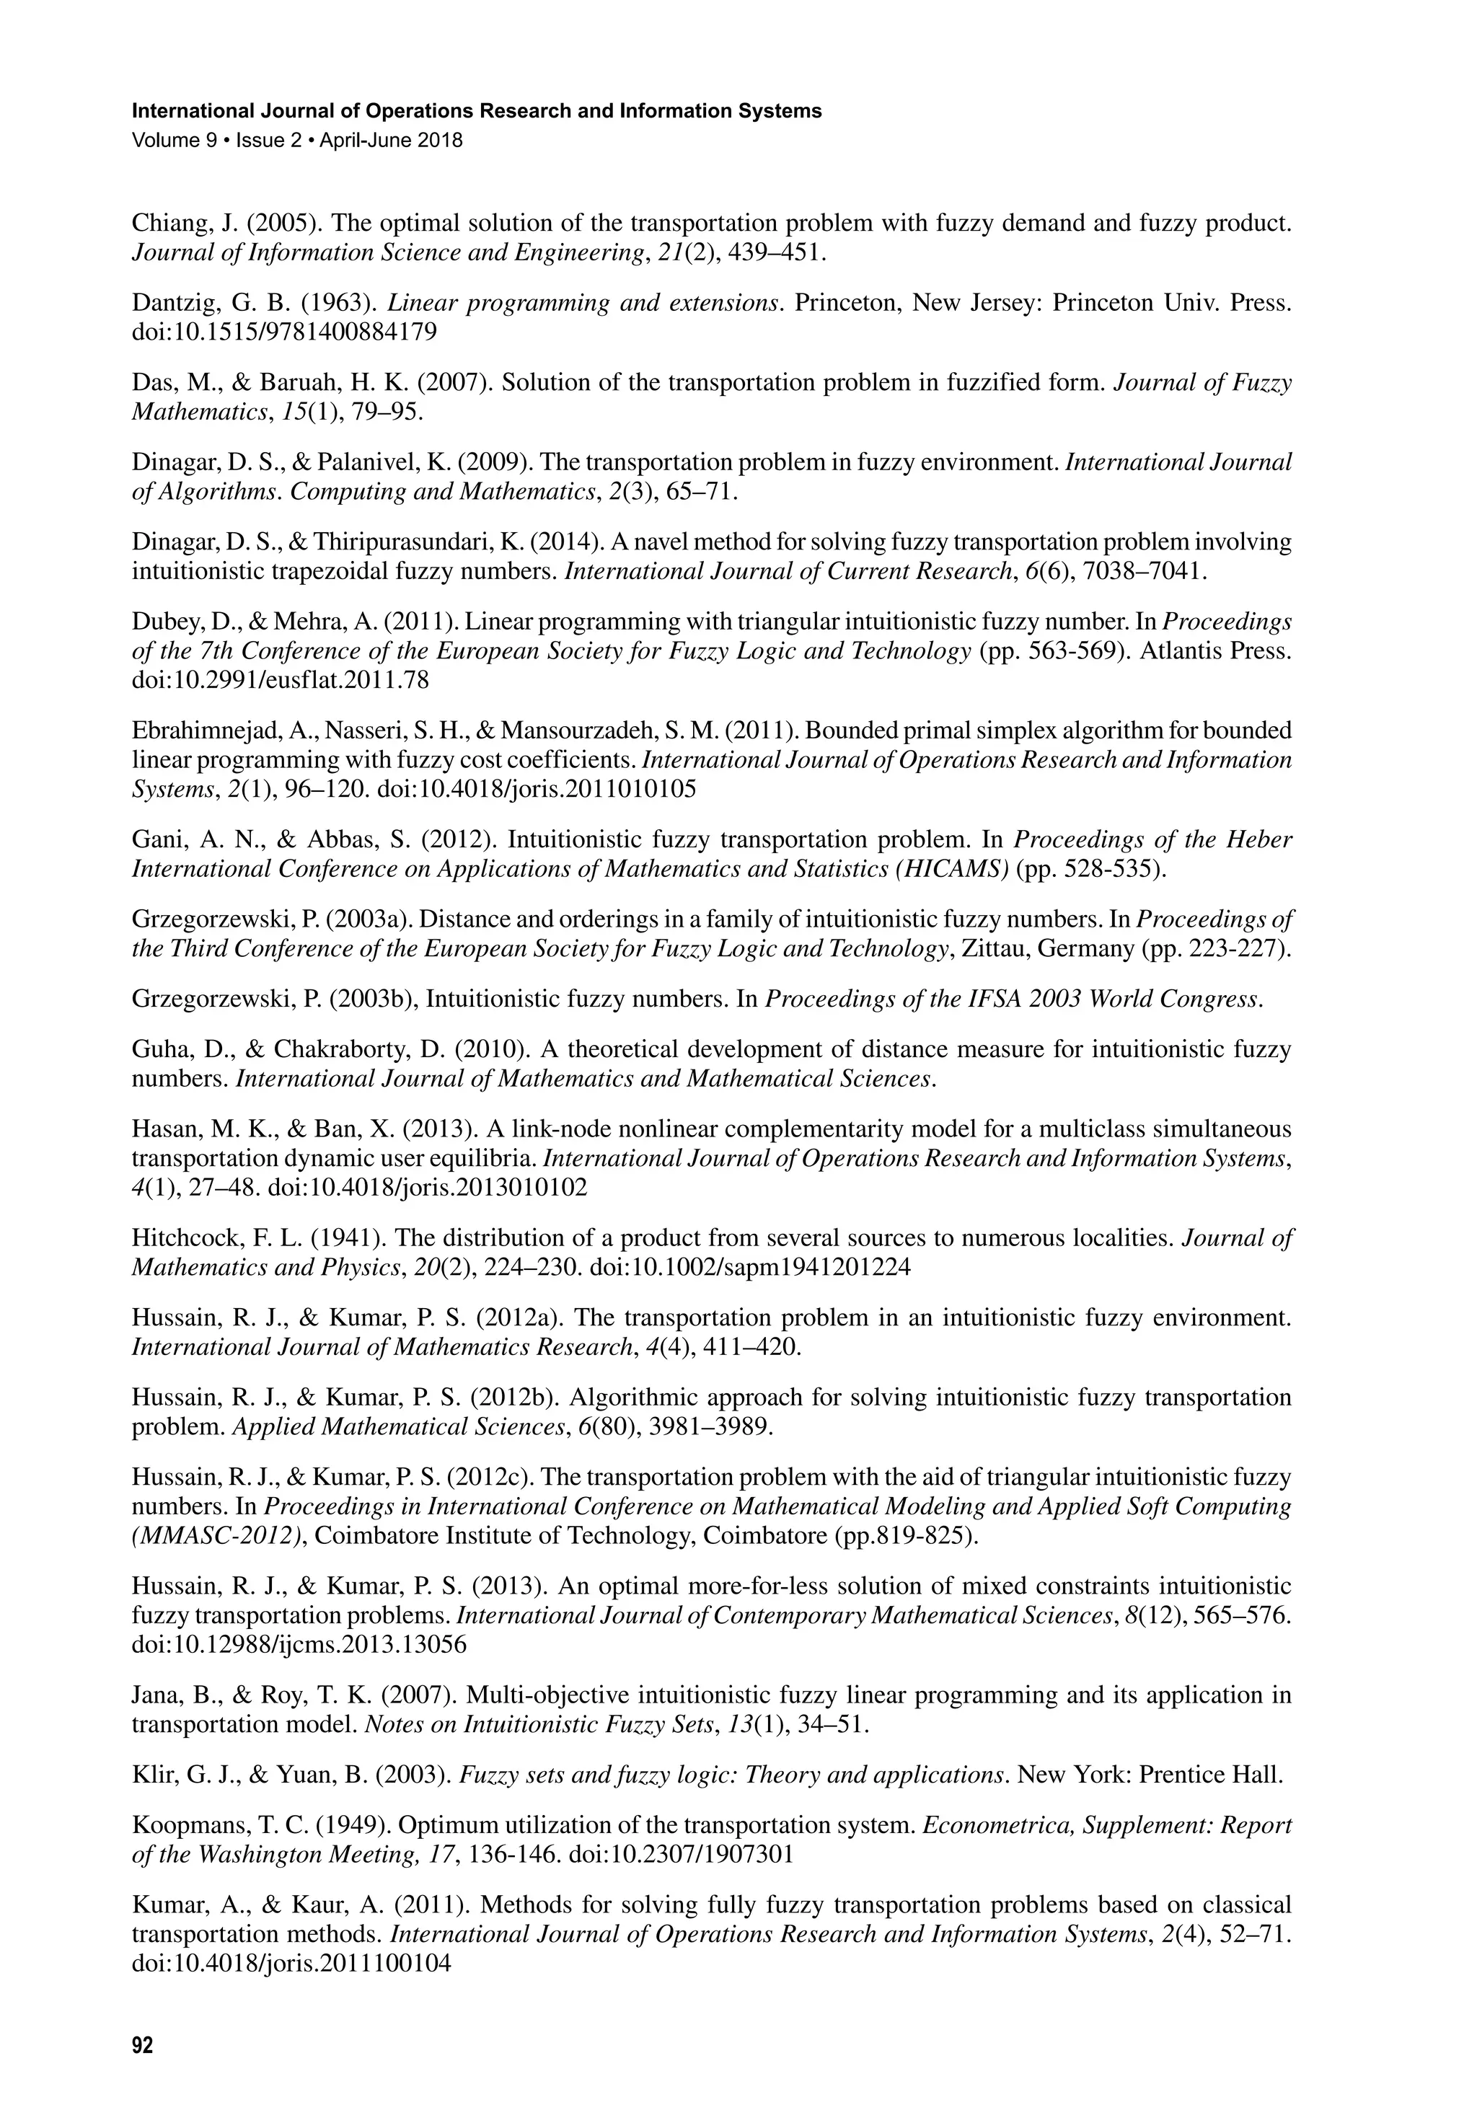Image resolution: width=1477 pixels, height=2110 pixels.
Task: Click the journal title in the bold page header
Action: pyautogui.click(x=476, y=111)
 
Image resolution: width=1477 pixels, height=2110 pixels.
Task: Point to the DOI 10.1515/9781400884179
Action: pyautogui.click(x=285, y=332)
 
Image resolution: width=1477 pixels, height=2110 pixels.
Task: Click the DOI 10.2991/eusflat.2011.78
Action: pyautogui.click(x=281, y=681)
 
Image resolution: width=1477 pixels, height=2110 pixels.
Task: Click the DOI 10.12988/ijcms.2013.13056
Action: pyautogui.click(x=299, y=1644)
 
